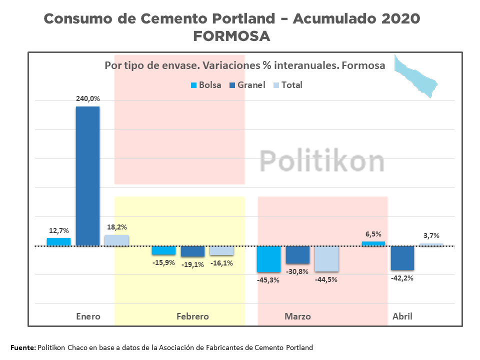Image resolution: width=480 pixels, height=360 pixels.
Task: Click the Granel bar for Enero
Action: pyautogui.click(x=87, y=176)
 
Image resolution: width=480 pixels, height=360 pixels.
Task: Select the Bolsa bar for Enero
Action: pyautogui.click(x=58, y=242)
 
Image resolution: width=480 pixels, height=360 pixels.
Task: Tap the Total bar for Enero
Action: pyautogui.click(x=116, y=240)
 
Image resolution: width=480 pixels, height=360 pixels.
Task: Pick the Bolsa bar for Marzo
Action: pyautogui.click(x=268, y=259)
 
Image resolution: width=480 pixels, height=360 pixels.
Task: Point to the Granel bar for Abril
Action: pyautogui.click(x=402, y=258)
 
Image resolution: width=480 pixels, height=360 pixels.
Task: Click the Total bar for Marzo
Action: pyautogui.click(x=326, y=259)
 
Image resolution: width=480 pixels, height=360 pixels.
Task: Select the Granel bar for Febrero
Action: pyautogui.click(x=192, y=251)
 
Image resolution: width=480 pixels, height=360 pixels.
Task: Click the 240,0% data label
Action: pyautogui.click(x=87, y=99)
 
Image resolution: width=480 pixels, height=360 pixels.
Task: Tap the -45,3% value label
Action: pyautogui.click(x=268, y=280)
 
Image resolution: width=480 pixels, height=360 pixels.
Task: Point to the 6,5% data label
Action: pyautogui.click(x=373, y=233)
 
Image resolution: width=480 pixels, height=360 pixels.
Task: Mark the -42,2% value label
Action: pyautogui.click(x=402, y=278)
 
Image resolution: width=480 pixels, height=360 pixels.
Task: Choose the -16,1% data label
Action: pyautogui.click(x=221, y=263)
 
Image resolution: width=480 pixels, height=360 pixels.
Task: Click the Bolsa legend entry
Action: pyautogui.click(x=206, y=85)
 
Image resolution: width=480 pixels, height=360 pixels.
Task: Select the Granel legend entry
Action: pyautogui.click(x=247, y=85)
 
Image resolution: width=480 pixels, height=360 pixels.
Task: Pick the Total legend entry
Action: pyautogui.click(x=287, y=85)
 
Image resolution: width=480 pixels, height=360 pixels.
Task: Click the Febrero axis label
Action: pyautogui.click(x=192, y=316)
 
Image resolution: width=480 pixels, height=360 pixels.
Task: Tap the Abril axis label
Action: pyautogui.click(x=402, y=316)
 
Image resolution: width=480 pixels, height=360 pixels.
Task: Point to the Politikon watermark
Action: pyautogui.click(x=322, y=161)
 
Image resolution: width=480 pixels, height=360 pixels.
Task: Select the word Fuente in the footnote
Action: pyautogui.click(x=23, y=347)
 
